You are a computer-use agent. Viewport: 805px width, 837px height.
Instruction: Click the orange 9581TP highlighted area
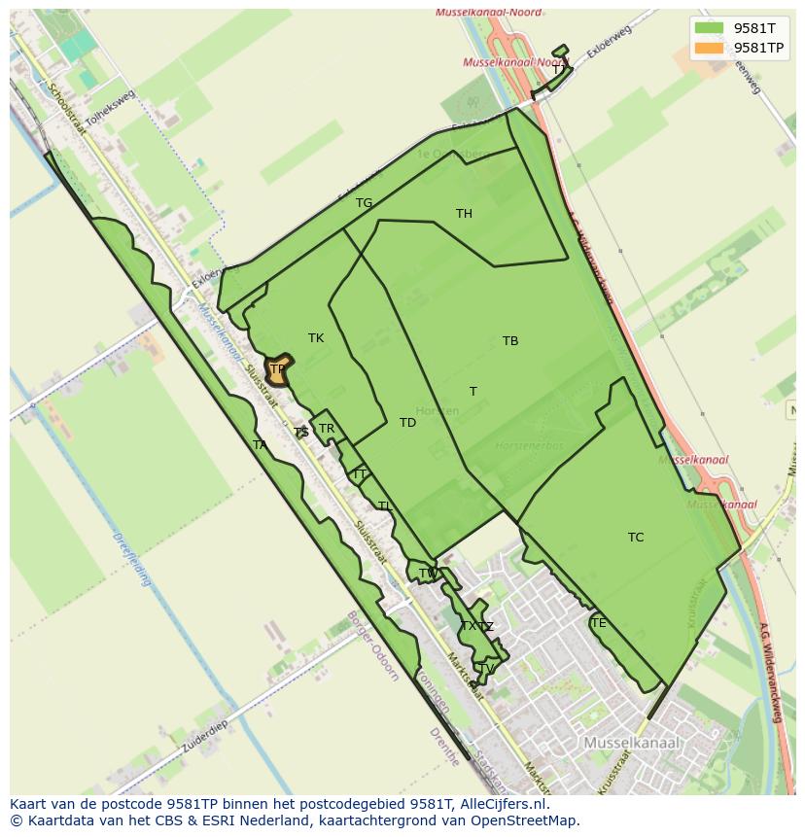click(278, 369)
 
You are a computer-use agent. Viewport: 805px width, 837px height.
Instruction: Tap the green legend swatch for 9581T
click(709, 28)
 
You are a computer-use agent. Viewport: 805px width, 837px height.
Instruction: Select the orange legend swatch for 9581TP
click(709, 48)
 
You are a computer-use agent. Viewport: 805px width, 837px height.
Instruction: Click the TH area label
click(464, 214)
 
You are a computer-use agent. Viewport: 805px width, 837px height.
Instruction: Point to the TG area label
click(364, 203)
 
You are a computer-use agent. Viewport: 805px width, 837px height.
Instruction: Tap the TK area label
click(316, 338)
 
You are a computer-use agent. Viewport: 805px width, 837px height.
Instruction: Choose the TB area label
click(510, 341)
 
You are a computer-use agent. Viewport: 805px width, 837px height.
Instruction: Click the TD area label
click(407, 423)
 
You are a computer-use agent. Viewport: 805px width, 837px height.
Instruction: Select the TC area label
click(636, 538)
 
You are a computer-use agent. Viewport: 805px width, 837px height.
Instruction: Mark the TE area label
click(598, 623)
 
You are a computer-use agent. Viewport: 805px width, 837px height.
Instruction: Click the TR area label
click(327, 429)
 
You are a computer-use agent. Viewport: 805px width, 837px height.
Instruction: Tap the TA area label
click(260, 445)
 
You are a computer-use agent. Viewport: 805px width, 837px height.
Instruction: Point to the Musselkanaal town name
click(632, 743)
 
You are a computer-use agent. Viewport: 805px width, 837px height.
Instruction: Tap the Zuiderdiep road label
click(204, 740)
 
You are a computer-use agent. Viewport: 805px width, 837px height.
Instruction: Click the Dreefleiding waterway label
click(132, 559)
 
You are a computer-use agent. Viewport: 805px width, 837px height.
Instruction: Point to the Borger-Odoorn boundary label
click(372, 646)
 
